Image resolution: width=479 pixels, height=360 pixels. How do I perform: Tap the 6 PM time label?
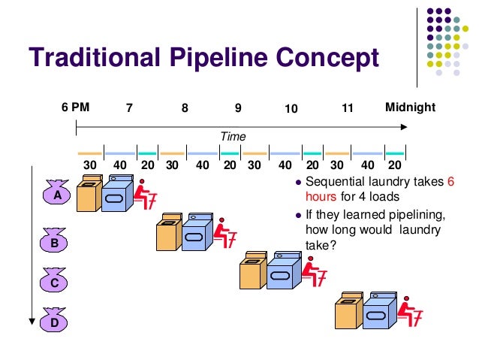(x=75, y=107)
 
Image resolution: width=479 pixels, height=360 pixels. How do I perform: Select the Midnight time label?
(x=409, y=107)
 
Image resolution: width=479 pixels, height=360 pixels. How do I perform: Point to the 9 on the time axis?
(x=238, y=108)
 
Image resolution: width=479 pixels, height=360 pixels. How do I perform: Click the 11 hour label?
(x=347, y=108)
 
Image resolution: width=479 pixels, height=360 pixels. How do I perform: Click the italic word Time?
(x=233, y=136)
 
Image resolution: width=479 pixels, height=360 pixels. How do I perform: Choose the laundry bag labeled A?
(x=56, y=194)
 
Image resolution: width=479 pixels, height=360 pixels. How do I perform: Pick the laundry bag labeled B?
(x=55, y=243)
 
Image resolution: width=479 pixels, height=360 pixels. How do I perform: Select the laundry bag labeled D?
(x=55, y=322)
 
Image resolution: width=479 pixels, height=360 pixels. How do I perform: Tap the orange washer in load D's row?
(x=348, y=311)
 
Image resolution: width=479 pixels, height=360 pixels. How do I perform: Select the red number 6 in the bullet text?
(x=450, y=183)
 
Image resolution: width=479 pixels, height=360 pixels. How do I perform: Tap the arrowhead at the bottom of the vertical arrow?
(x=32, y=321)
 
